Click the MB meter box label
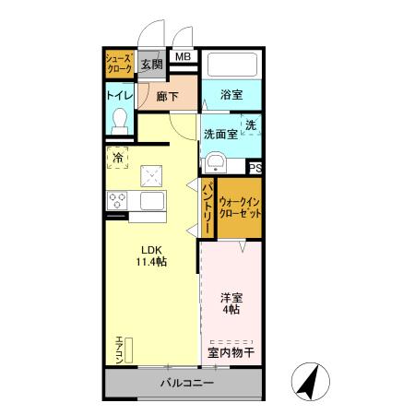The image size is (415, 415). tap(183, 57)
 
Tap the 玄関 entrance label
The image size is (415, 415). tap(152, 64)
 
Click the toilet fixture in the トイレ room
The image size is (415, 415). tap(119, 120)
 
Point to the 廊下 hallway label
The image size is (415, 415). tap(166, 95)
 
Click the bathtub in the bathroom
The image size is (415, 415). tap(231, 65)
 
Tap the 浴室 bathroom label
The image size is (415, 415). tap(232, 95)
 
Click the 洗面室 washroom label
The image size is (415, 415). tap(219, 134)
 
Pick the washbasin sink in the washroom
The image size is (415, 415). tap(217, 163)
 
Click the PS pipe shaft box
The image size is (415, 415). tap(255, 168)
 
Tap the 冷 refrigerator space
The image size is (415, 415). tap(118, 158)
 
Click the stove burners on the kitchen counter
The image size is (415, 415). tap(118, 198)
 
